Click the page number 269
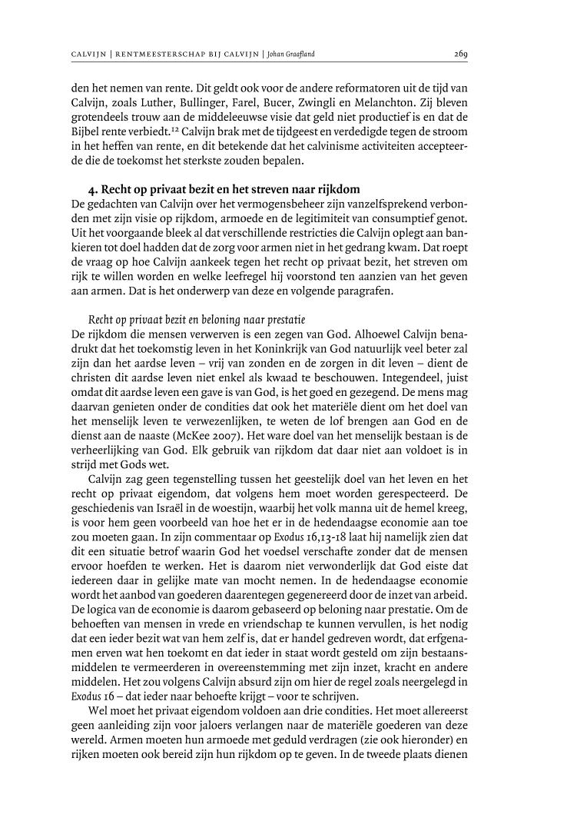[461, 55]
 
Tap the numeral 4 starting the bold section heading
[93, 189]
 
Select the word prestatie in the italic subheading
[244, 317]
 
